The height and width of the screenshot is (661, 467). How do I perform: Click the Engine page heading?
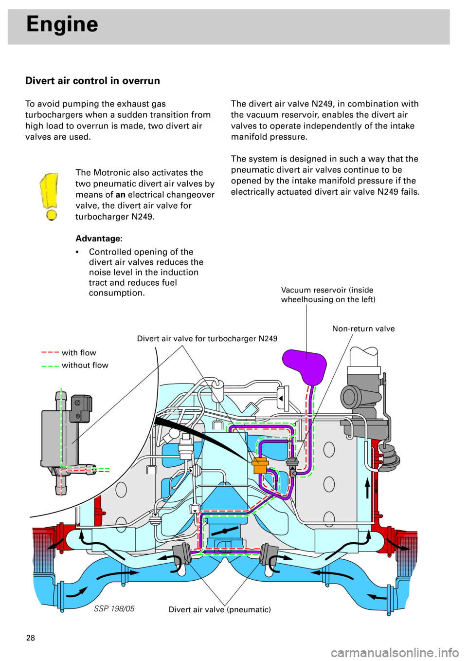tap(62, 24)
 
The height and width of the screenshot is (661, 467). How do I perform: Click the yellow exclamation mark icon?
tap(51, 197)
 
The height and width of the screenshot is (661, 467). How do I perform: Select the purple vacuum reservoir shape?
tap(305, 364)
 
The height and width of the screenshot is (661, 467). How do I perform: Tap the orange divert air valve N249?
tap(260, 465)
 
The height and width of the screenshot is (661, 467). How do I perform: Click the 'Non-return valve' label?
tap(363, 329)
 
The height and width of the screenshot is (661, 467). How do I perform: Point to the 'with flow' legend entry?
tap(78, 352)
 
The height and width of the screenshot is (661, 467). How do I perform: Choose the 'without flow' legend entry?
tap(85, 365)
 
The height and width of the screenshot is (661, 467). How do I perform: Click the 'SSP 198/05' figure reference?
tap(114, 608)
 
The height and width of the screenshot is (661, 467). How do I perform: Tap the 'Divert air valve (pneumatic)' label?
tap(219, 609)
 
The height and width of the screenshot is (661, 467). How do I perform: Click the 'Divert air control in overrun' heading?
tap(93, 81)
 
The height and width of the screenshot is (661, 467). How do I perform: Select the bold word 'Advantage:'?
tap(99, 239)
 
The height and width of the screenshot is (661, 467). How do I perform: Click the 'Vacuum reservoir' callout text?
tap(328, 294)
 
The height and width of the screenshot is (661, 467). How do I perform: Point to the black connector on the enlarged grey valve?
tap(81, 408)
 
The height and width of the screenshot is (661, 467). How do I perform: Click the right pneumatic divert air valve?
tap(267, 557)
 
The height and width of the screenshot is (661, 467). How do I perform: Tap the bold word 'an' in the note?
tap(120, 195)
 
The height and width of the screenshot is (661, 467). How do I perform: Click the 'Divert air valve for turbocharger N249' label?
tap(207, 339)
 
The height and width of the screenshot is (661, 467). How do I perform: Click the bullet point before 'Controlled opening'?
tap(77, 252)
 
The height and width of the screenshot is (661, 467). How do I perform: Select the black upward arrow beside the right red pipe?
tap(368, 488)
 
